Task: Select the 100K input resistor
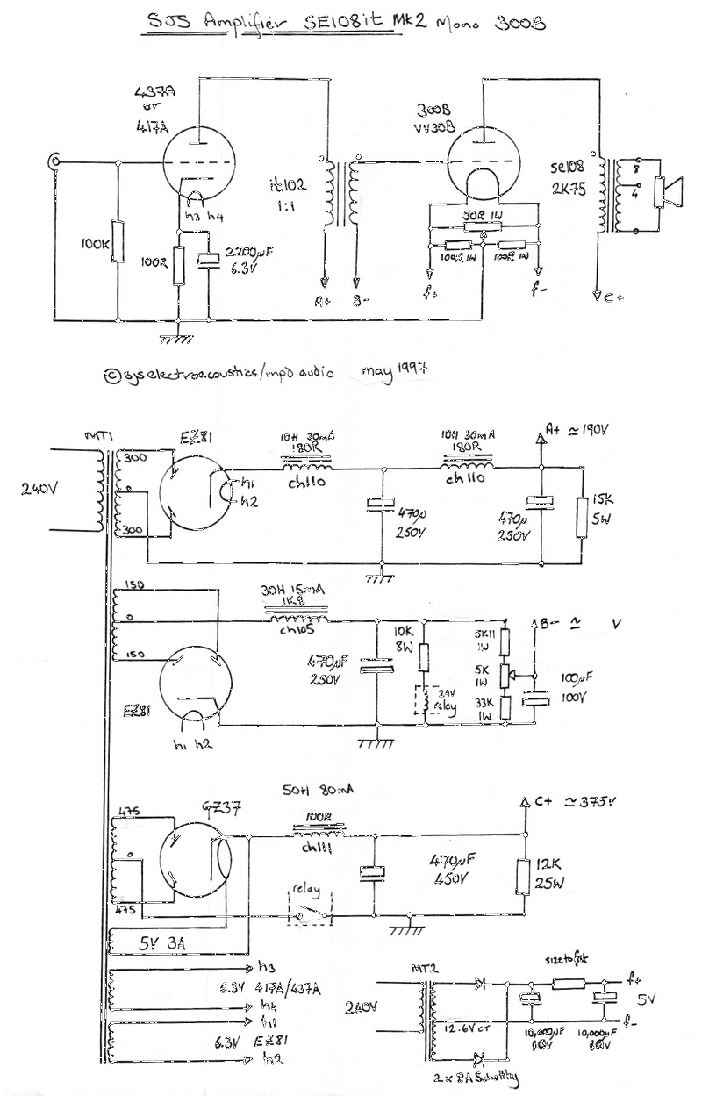(118, 246)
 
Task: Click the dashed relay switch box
(308, 909)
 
